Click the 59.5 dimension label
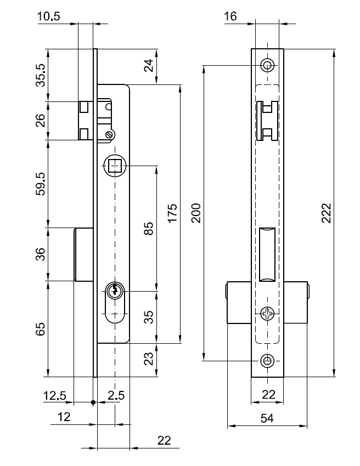coord(40,184)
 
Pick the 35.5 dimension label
coord(40,76)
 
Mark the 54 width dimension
coord(267,418)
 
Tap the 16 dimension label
coord(230,16)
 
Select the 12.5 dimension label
coord(55,395)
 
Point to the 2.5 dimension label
coord(116,395)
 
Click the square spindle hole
coord(115,166)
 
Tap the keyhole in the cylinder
coord(115,290)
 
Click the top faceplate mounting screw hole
coord(267,65)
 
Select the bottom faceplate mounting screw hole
coord(267,361)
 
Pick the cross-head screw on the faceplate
coord(267,313)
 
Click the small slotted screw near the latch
coord(110,133)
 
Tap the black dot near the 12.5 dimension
coord(93,402)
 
